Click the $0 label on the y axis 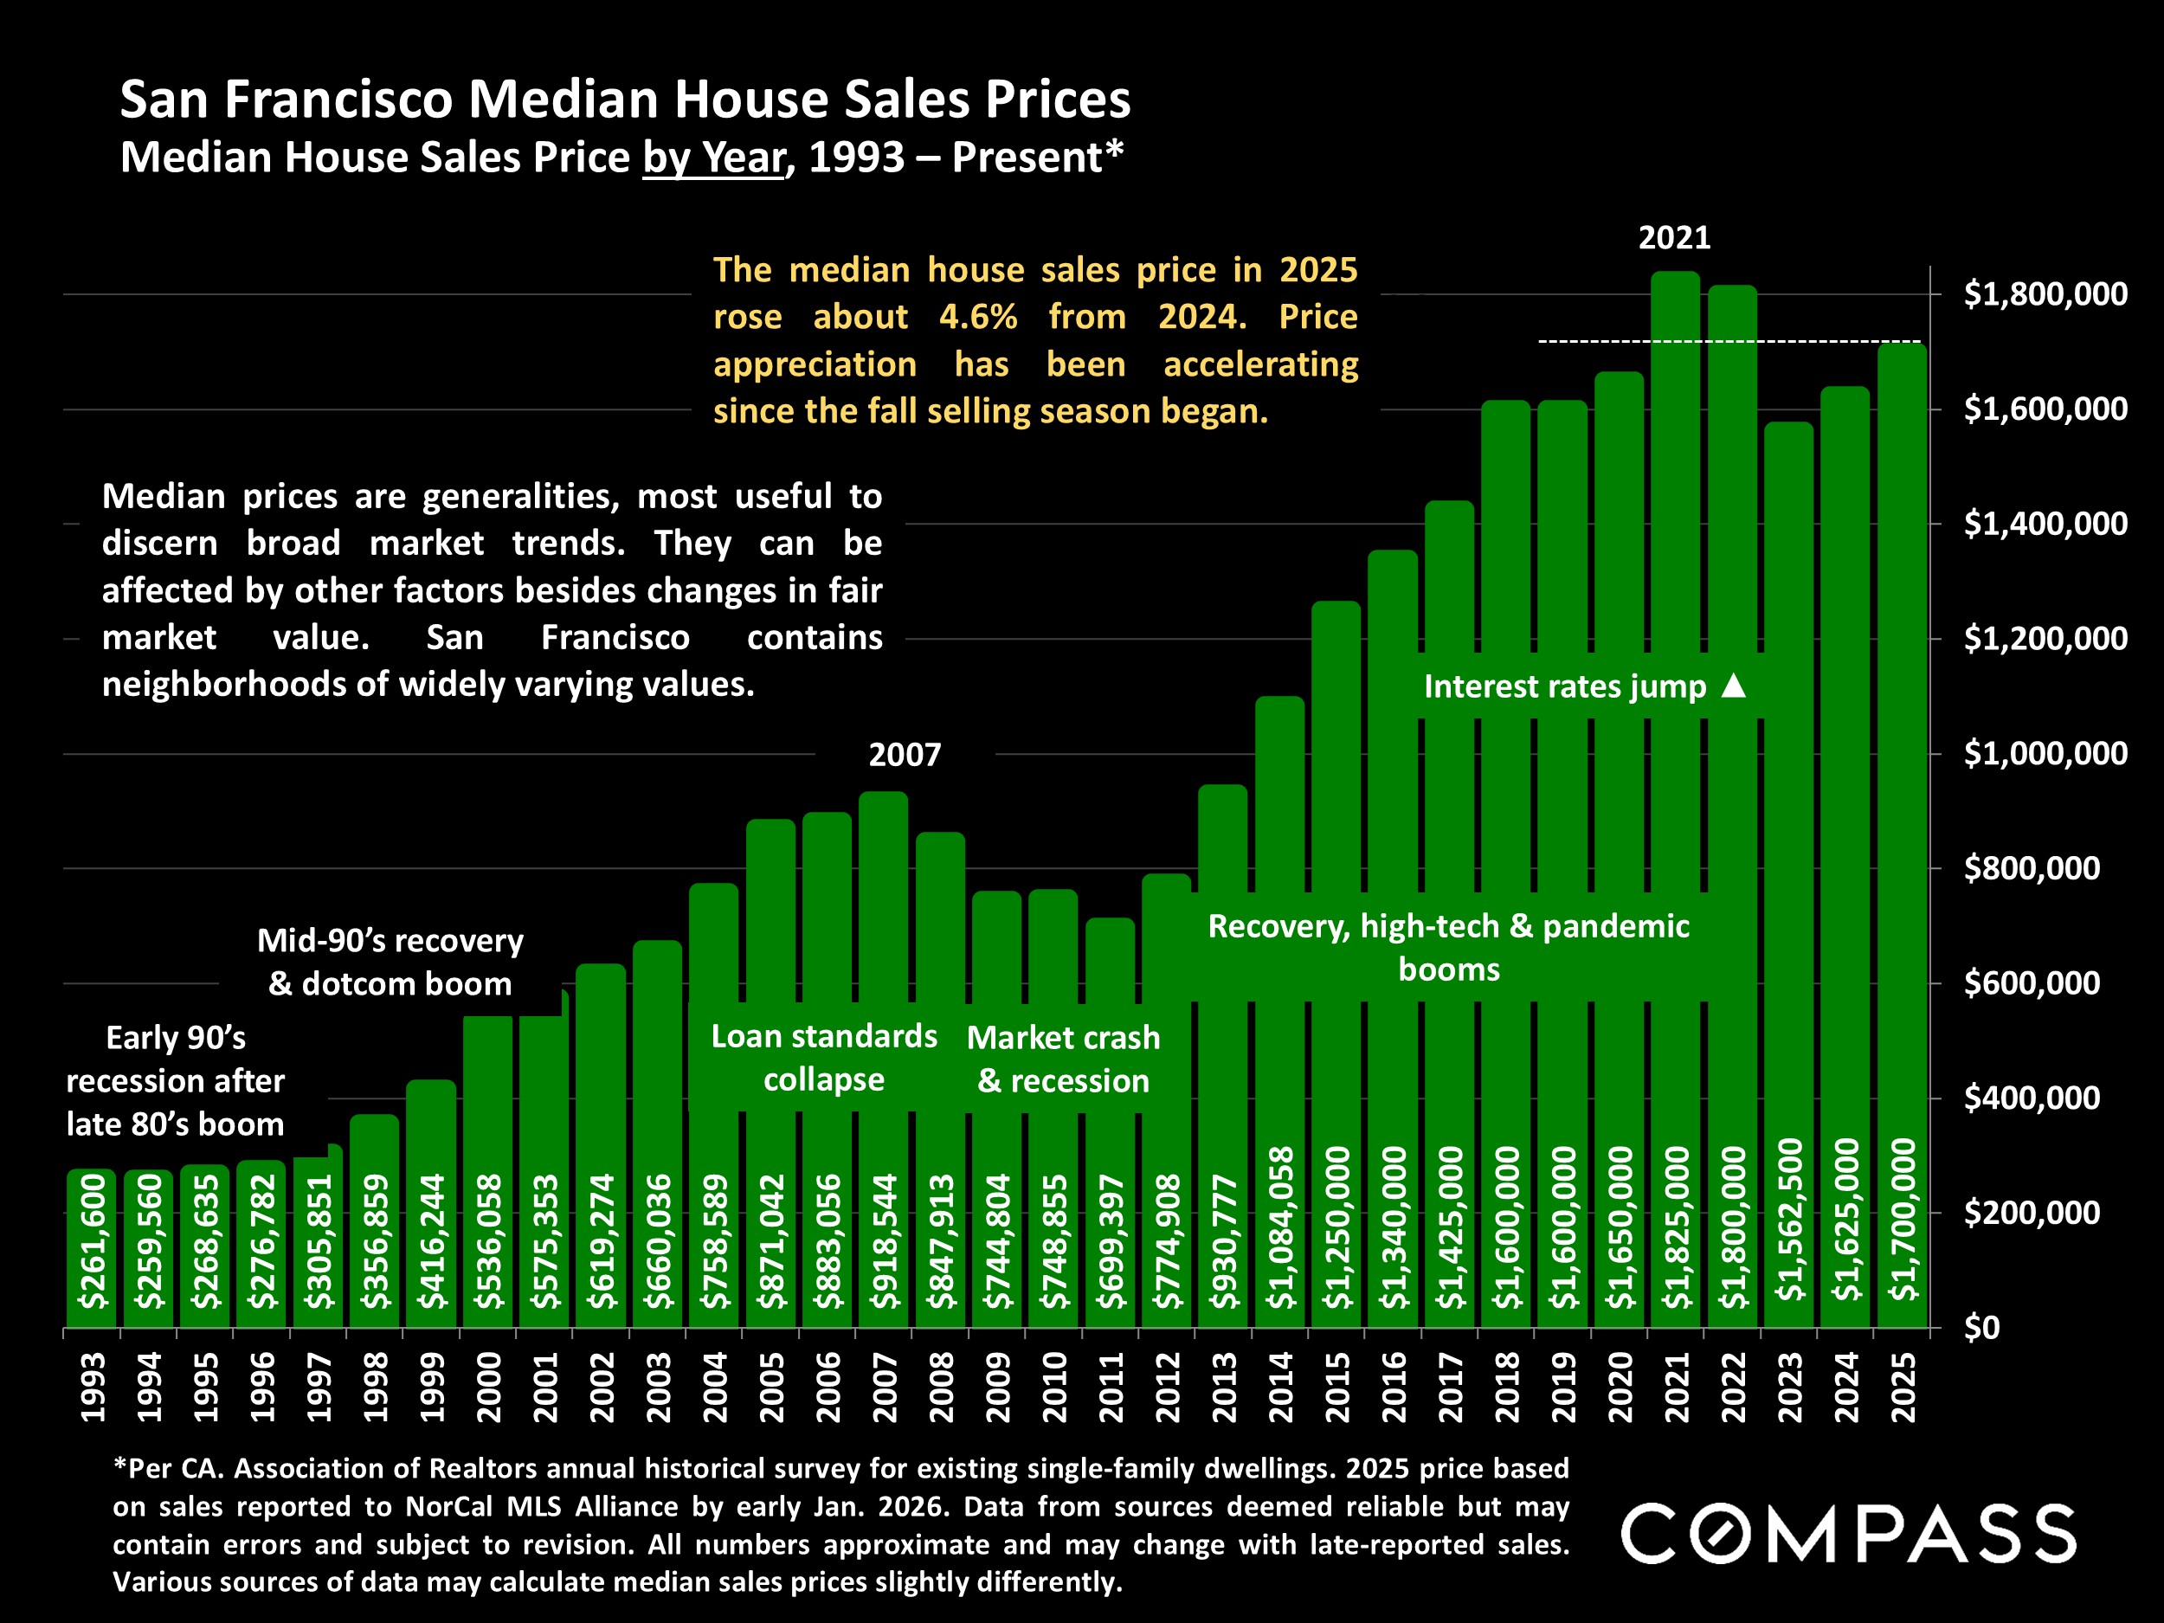pyautogui.click(x=1983, y=1328)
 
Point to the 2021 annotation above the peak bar pyautogui.click(x=1674, y=238)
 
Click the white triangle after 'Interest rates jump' pyautogui.click(x=1733, y=685)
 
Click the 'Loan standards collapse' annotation pyautogui.click(x=824, y=1058)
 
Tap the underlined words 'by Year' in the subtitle pyautogui.click(x=713, y=158)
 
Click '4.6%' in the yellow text pyautogui.click(x=977, y=317)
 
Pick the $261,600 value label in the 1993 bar pyautogui.click(x=92, y=1240)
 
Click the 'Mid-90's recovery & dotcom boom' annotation pyautogui.click(x=390, y=962)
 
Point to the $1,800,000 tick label pyautogui.click(x=2045, y=293)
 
